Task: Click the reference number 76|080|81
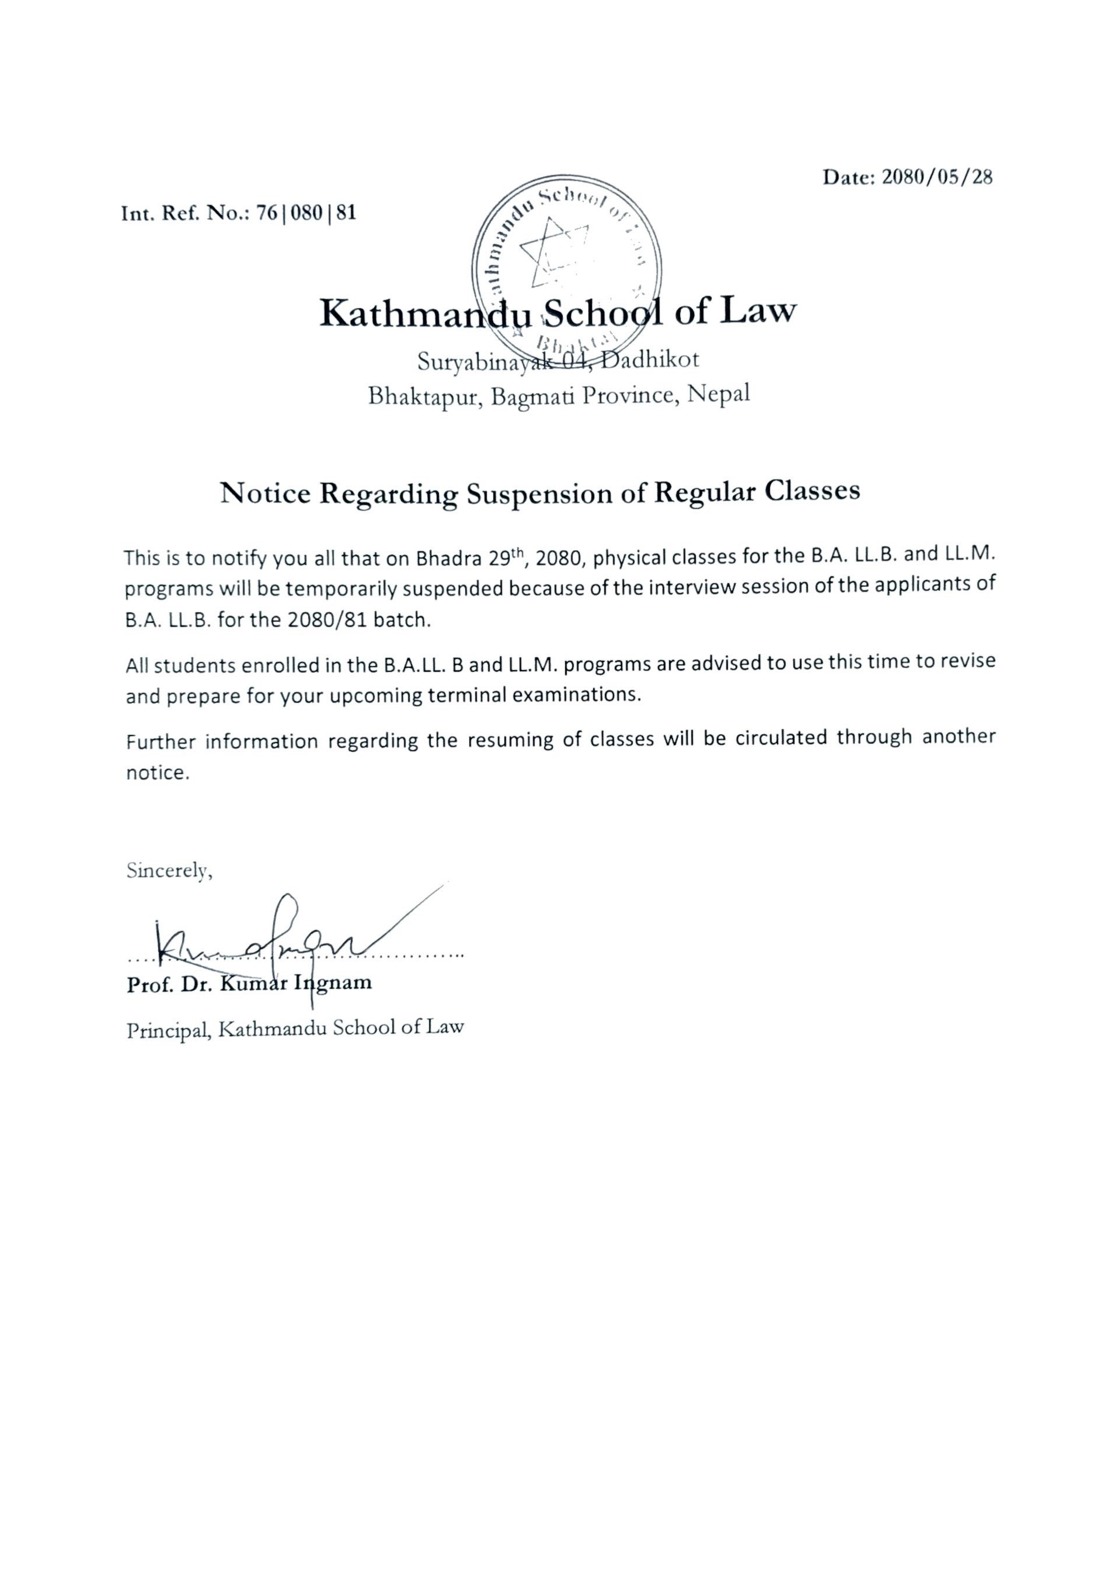(x=306, y=213)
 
